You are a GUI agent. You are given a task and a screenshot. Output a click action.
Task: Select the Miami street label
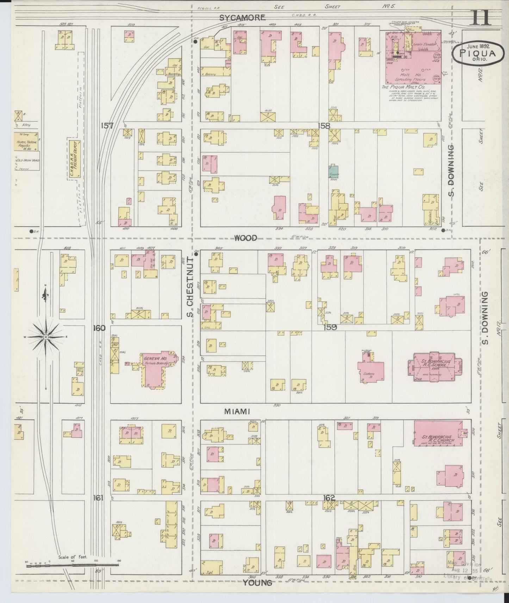[x=237, y=411]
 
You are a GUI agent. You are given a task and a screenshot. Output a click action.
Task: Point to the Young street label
[x=257, y=583]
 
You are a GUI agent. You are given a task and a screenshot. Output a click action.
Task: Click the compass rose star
[x=45, y=337]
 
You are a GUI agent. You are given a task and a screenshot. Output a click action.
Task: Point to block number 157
[x=107, y=125]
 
